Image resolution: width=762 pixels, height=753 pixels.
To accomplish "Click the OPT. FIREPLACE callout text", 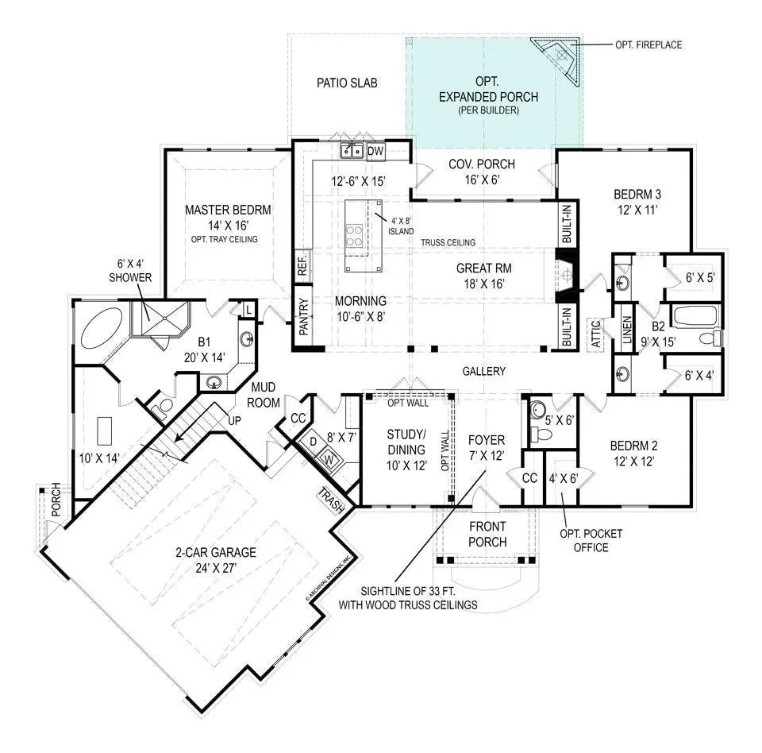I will pyautogui.click(x=648, y=45).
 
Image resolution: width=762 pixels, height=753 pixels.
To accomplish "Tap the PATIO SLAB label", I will pyautogui.click(x=346, y=83).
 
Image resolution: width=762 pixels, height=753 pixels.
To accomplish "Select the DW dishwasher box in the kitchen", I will pyautogui.click(x=375, y=150).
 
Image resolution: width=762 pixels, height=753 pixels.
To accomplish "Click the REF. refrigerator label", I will pyautogui.click(x=302, y=265).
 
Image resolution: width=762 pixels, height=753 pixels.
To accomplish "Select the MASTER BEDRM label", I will pyautogui.click(x=228, y=210).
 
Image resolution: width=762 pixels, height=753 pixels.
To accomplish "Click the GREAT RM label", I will pyautogui.click(x=481, y=268).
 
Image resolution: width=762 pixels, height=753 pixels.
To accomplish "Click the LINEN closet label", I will pyautogui.click(x=626, y=330).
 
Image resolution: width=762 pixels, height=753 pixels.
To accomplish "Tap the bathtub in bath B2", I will pyautogui.click(x=694, y=318).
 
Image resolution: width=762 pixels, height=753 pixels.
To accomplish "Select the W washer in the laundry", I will pyautogui.click(x=327, y=458).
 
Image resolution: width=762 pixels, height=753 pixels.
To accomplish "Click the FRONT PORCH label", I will pyautogui.click(x=487, y=535).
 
